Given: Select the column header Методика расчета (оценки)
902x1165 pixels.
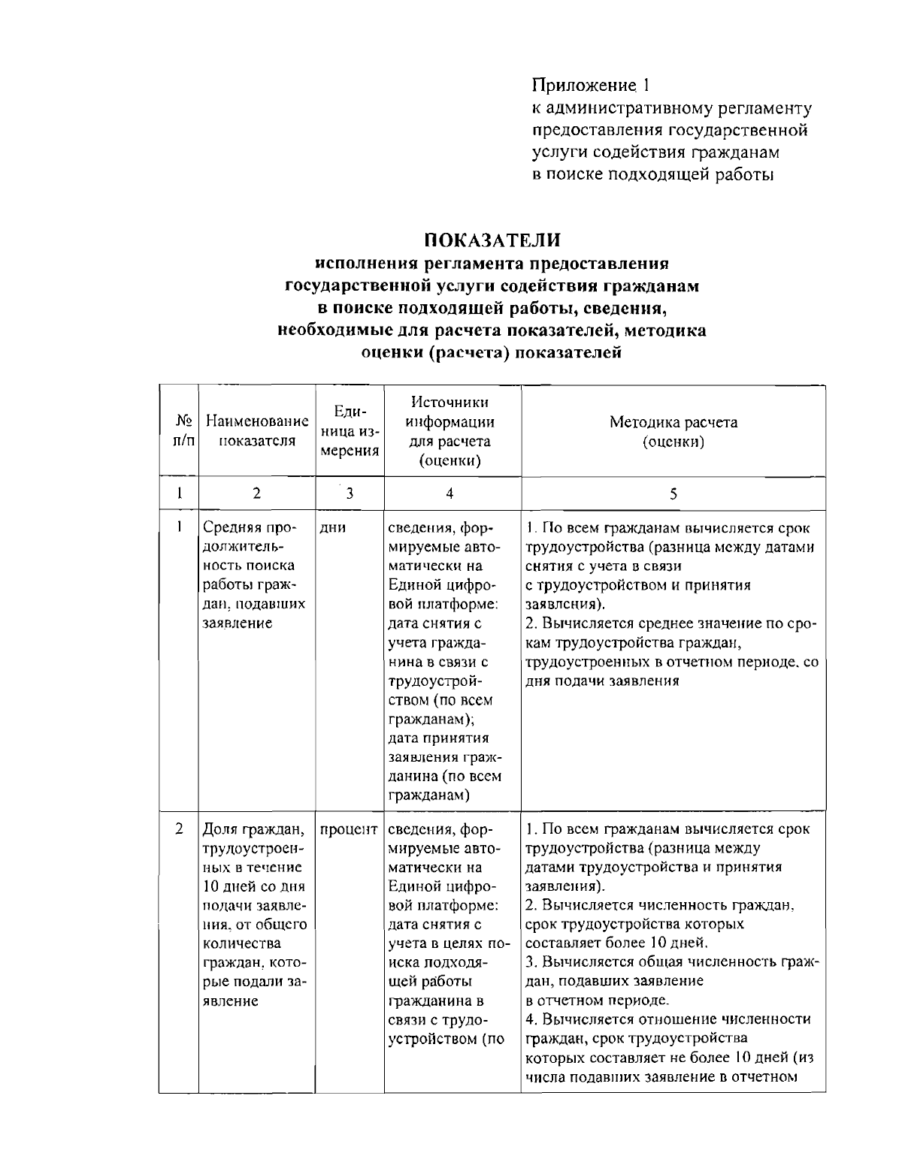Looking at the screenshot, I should click(673, 432).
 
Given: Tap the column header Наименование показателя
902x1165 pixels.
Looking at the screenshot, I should click(257, 432).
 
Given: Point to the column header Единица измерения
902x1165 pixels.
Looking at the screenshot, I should click(350, 432).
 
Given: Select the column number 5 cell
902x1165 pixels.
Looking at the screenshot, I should click(673, 493).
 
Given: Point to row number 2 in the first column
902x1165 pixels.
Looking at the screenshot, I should click(179, 830).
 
